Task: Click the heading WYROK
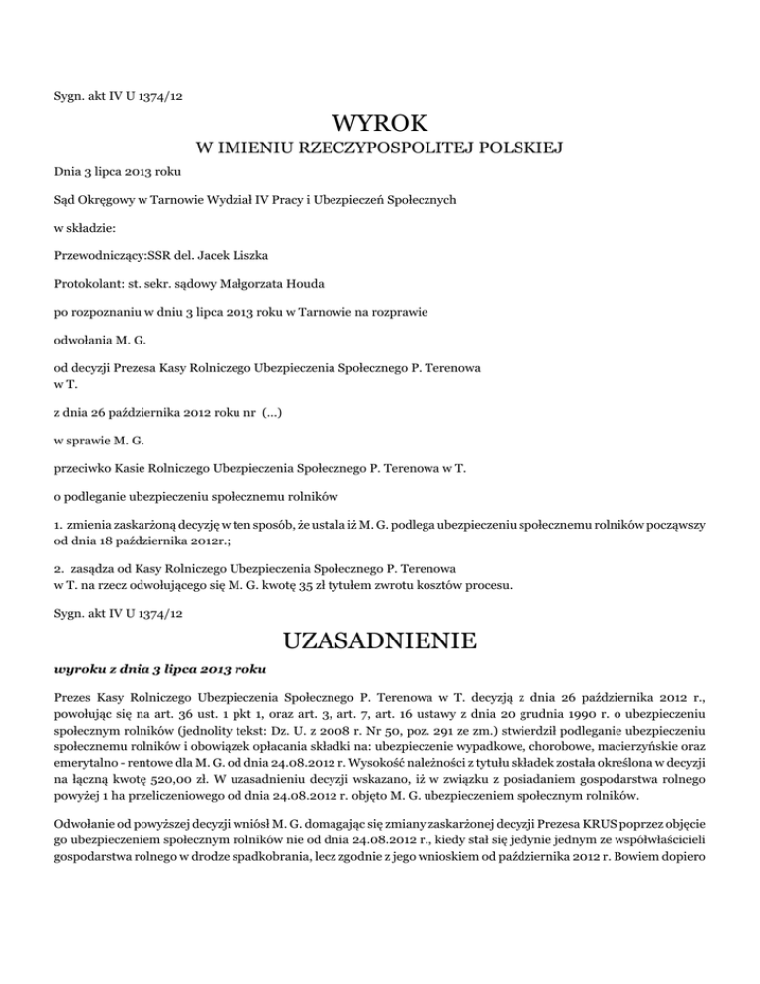click(x=380, y=125)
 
